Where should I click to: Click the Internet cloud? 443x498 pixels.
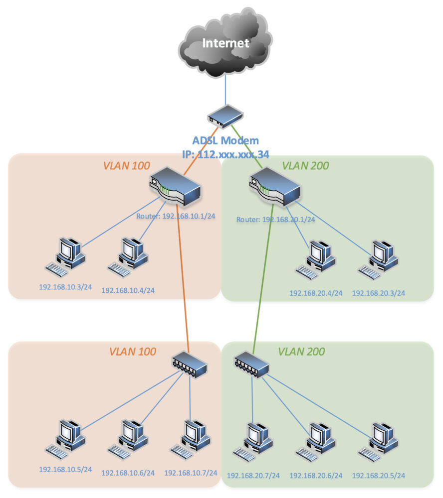pos(225,44)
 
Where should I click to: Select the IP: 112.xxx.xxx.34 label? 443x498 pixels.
pos(226,154)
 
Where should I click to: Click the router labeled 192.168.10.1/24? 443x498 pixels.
pos(175,187)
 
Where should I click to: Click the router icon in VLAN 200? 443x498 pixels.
pos(274,187)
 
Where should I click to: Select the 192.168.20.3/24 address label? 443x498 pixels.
pos(378,293)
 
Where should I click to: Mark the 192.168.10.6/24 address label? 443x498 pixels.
pos(128,472)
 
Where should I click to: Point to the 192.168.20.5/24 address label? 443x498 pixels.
pos(378,476)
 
